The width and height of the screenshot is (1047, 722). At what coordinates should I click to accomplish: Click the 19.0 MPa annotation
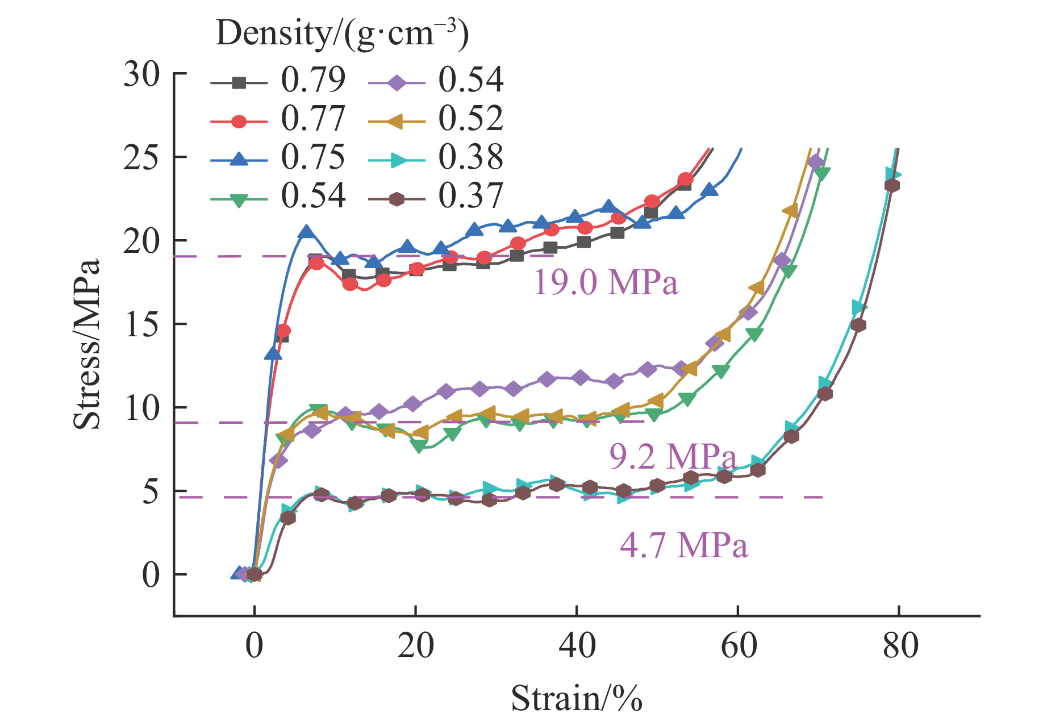pyautogui.click(x=606, y=282)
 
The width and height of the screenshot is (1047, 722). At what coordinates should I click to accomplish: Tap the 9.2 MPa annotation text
pyautogui.click(x=673, y=456)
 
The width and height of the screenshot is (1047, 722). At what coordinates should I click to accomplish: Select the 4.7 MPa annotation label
pyautogui.click(x=683, y=545)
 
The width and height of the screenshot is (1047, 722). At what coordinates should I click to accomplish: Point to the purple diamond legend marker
pyautogui.click(x=397, y=83)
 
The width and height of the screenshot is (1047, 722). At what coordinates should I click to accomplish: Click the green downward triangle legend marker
pyautogui.click(x=239, y=200)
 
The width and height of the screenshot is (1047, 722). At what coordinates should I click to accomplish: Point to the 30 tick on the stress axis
pyautogui.click(x=142, y=74)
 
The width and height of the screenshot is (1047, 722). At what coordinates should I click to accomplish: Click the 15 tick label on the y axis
pyautogui.click(x=142, y=324)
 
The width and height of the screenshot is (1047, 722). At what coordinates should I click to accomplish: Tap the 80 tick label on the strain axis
pyautogui.click(x=900, y=646)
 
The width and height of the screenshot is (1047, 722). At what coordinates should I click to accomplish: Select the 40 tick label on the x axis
pyautogui.click(x=577, y=646)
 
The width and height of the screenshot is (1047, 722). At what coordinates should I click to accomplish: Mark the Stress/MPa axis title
pyautogui.click(x=87, y=344)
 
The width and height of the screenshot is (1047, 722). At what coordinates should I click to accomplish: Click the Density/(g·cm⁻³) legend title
pyautogui.click(x=342, y=34)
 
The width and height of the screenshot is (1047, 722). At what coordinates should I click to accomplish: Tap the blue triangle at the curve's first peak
pyautogui.click(x=307, y=232)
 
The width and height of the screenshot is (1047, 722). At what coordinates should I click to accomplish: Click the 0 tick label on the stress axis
pyautogui.click(x=151, y=575)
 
